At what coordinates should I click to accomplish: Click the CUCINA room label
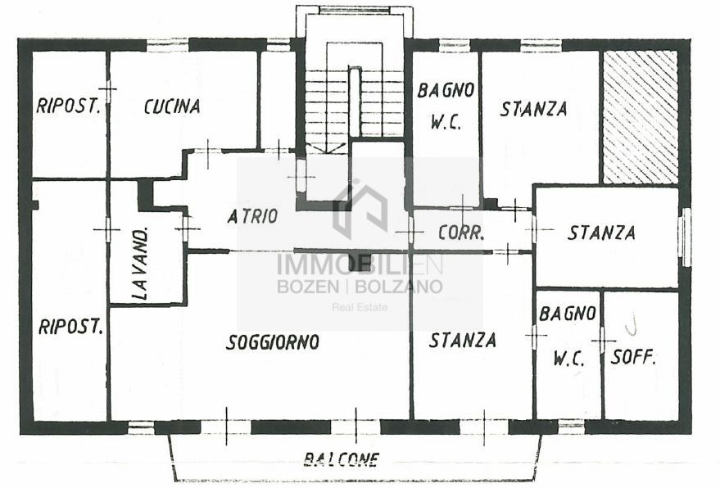click(x=172, y=106)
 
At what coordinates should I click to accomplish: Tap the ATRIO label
click(x=252, y=216)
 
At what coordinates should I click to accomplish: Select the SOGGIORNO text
click(x=273, y=342)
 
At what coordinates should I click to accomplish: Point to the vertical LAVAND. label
click(x=141, y=264)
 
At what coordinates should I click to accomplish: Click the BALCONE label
click(x=342, y=459)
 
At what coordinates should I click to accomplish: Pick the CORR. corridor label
click(x=461, y=233)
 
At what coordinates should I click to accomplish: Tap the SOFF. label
click(x=632, y=357)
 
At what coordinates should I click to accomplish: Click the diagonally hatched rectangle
click(x=640, y=117)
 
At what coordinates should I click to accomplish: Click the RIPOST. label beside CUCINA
click(x=69, y=106)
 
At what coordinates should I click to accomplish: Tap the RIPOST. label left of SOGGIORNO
click(x=70, y=327)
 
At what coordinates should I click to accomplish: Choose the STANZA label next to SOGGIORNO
click(x=463, y=340)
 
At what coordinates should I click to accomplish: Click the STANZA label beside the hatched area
click(x=533, y=109)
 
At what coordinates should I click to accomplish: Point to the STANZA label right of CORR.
click(x=601, y=233)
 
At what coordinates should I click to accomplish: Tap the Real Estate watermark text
click(x=360, y=307)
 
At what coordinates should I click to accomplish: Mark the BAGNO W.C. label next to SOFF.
click(x=568, y=336)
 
